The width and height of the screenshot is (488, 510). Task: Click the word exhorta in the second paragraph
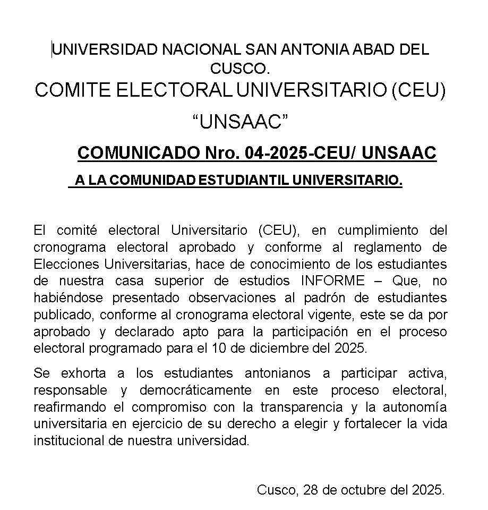point(83,373)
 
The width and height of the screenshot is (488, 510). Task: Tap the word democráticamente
point(195,390)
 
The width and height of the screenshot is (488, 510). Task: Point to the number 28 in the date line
point(311,490)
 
